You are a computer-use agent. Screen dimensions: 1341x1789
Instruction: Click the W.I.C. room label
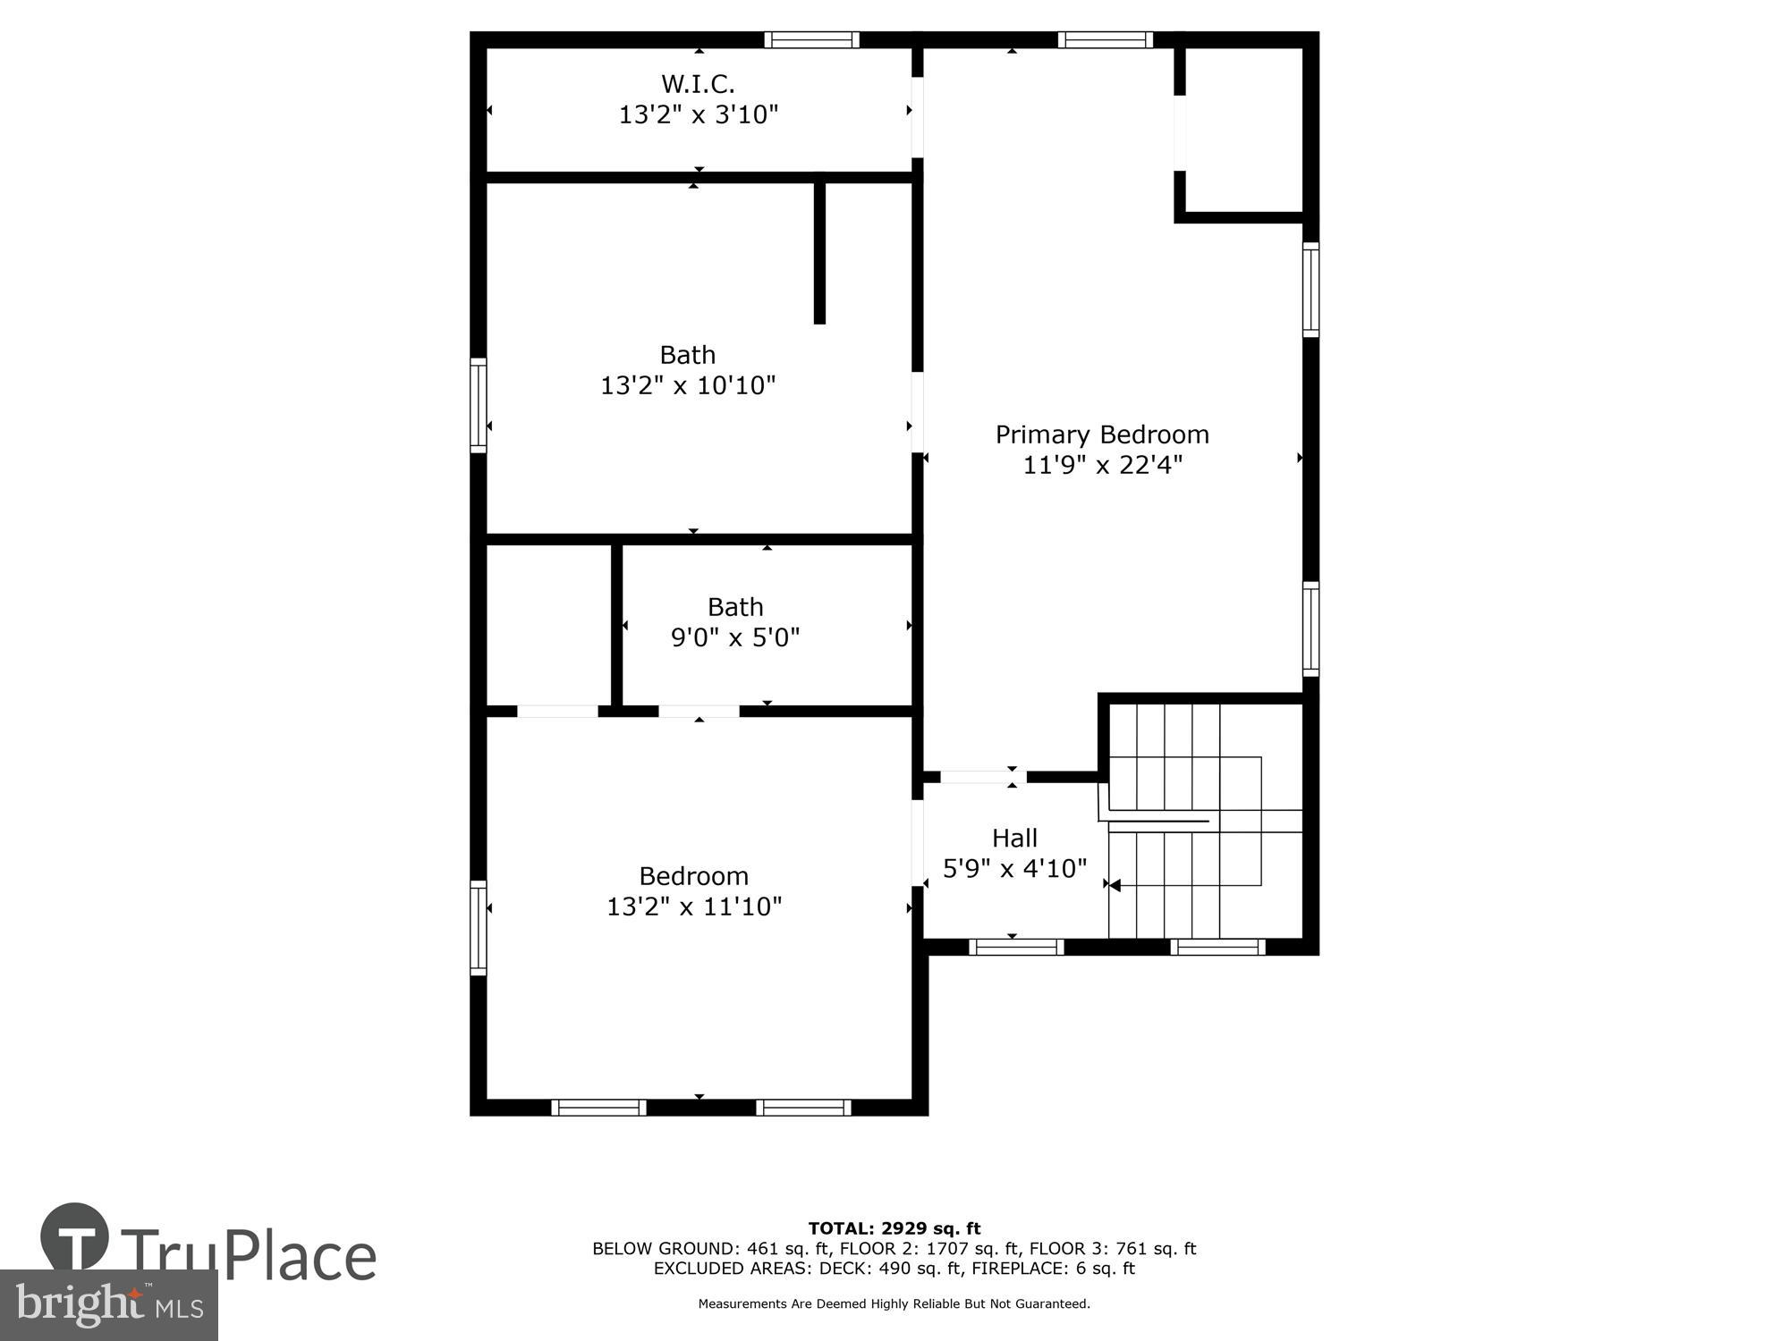pos(698,84)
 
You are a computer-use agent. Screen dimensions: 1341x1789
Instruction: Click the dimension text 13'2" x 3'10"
pos(699,114)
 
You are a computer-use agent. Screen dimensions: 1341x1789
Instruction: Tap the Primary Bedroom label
pos(1102,434)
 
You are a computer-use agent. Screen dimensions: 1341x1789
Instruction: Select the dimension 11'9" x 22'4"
pos(1102,465)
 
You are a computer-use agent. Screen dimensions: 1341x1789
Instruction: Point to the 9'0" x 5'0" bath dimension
pos(735,637)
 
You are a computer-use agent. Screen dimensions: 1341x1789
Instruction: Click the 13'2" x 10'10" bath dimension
pos(687,385)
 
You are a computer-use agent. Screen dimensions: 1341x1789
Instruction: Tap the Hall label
pos(1014,838)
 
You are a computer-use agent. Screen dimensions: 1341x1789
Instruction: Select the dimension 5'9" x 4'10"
pos(1014,868)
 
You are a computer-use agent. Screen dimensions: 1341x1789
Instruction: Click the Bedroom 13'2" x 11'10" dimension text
pos(694,907)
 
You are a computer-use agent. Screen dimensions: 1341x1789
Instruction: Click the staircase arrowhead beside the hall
pos(1115,885)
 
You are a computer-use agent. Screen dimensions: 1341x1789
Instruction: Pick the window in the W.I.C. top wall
pos(811,39)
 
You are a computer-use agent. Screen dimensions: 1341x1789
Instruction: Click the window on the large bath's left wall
pos(479,405)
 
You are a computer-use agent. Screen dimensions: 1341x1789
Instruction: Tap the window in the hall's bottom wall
pos(1016,947)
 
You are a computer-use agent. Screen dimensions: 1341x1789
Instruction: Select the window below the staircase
pos(1217,947)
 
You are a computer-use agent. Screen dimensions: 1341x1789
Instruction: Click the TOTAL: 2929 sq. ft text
pos(894,1228)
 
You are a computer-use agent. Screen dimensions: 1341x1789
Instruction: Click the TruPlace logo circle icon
pos(74,1237)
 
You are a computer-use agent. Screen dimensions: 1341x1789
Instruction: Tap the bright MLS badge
pos(108,1305)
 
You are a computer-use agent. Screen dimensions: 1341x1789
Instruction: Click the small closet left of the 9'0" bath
pos(548,624)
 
